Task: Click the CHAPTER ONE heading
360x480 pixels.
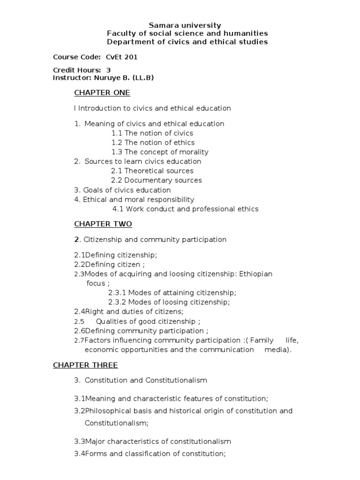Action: [102, 92]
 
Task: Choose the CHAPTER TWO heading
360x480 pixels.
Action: [103, 224]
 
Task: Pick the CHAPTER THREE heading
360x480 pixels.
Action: [85, 365]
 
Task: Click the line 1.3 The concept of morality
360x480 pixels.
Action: [160, 152]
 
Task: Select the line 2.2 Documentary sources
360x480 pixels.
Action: [157, 180]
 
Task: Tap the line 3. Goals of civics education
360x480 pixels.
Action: [122, 190]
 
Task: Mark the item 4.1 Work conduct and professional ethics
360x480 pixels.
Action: [185, 209]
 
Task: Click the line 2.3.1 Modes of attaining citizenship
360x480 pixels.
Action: [172, 292]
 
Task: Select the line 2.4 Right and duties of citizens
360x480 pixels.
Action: [129, 311]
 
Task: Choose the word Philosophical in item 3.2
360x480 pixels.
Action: [108, 411]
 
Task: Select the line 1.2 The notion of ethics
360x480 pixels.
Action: [153, 142]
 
